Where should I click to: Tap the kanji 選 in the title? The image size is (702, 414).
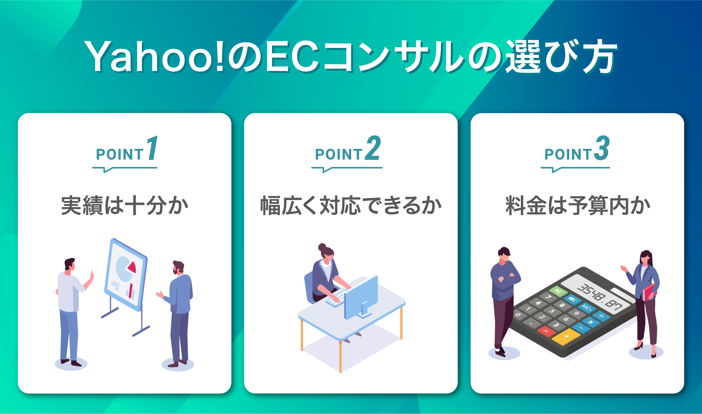[x=524, y=56]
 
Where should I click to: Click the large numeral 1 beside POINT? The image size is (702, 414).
[x=153, y=148]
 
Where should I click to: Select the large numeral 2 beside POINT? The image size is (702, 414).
[x=373, y=148]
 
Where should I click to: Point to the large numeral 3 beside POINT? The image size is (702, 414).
[x=602, y=148]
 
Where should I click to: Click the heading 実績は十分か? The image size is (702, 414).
[x=124, y=206]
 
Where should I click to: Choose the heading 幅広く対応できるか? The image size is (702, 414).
[x=351, y=206]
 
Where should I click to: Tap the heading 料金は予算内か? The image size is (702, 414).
[x=578, y=206]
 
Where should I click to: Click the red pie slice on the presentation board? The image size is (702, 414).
[x=131, y=267]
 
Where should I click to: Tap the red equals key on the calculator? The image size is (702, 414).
[x=546, y=331]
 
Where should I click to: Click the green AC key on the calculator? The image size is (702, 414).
[x=558, y=291]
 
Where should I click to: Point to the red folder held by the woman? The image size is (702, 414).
[x=648, y=292]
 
